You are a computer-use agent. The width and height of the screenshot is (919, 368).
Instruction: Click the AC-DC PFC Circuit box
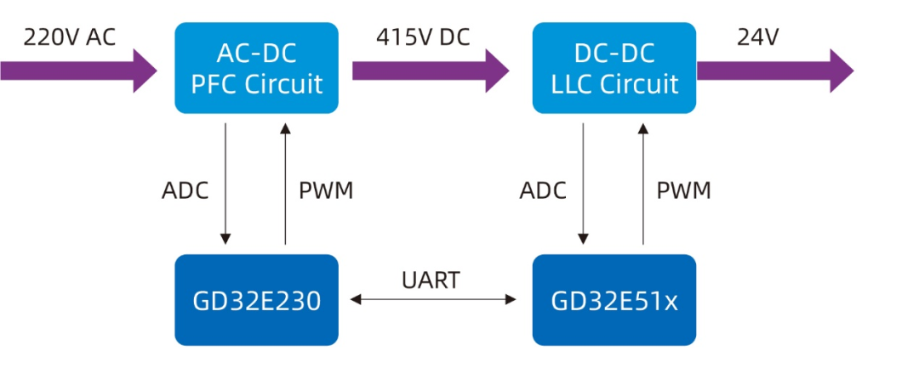(256, 68)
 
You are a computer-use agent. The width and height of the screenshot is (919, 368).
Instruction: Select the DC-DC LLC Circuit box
(614, 68)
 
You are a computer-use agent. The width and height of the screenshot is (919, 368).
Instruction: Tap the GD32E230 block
(256, 300)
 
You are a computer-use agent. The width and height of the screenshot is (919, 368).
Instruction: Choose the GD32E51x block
(614, 300)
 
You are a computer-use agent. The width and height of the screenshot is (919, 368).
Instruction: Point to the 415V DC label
(423, 37)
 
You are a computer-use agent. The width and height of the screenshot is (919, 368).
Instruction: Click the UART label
(431, 280)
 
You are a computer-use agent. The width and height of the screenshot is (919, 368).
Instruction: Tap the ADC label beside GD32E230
(185, 190)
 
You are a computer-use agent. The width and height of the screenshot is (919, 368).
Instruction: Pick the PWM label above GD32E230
(326, 190)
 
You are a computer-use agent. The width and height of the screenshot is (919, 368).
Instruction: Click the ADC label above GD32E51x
(543, 190)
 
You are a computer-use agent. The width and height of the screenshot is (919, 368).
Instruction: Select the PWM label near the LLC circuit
(683, 190)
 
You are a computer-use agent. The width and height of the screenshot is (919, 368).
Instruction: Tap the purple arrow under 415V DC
(431, 71)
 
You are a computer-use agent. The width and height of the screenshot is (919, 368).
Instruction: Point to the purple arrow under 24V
(774, 71)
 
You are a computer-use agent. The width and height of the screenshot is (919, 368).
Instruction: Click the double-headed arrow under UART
(433, 299)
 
